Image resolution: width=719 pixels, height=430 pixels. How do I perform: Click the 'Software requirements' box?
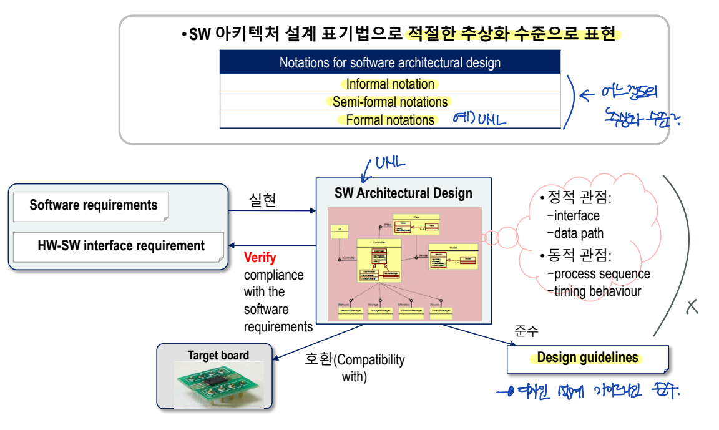coord(94,205)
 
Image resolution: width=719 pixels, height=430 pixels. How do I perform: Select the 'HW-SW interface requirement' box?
coord(118,245)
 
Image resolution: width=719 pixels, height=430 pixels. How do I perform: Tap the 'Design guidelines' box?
coord(587,358)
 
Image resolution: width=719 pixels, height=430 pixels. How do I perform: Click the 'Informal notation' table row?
coord(390,84)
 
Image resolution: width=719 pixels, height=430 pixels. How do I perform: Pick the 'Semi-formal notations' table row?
coord(390,102)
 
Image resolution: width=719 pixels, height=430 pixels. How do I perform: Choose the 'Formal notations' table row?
coord(390,120)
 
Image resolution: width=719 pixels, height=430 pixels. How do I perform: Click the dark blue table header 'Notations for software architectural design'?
coord(390,62)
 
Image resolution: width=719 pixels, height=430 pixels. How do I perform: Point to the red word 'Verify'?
coord(260,257)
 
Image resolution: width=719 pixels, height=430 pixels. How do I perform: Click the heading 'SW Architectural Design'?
coord(403,193)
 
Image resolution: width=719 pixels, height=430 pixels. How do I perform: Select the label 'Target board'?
coord(218,356)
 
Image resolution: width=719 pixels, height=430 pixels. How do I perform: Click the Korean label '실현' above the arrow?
coord(262,200)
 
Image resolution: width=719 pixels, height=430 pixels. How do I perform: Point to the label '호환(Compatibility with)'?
coord(355,368)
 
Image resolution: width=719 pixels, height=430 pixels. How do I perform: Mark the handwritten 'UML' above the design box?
coord(389,164)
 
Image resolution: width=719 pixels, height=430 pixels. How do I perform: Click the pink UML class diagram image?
coord(404,264)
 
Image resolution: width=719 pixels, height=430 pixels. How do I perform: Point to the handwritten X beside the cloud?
coord(692,306)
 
